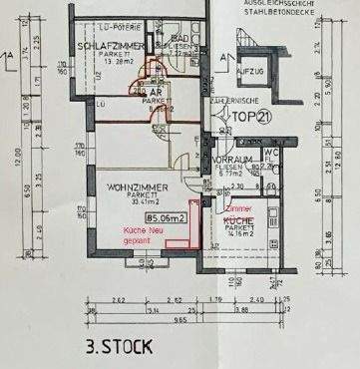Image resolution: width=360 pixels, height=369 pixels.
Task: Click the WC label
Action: [270, 153]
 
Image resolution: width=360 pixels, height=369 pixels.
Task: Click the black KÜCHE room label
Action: [237, 218]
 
